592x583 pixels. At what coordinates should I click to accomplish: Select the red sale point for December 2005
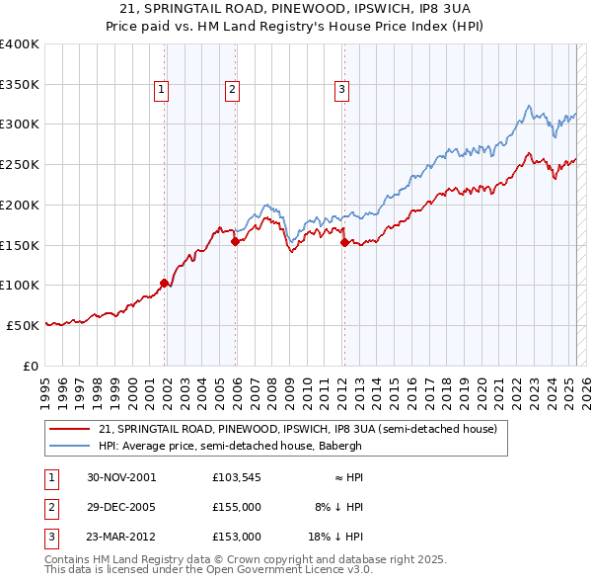click(x=236, y=240)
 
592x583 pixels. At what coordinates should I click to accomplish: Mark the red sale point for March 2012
click(x=344, y=241)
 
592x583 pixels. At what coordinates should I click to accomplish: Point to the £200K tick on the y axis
click(x=20, y=205)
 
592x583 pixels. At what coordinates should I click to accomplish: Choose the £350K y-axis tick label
click(x=20, y=84)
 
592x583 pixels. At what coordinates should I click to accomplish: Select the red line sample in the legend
click(x=71, y=429)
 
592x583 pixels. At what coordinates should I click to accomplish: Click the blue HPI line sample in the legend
click(x=71, y=446)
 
